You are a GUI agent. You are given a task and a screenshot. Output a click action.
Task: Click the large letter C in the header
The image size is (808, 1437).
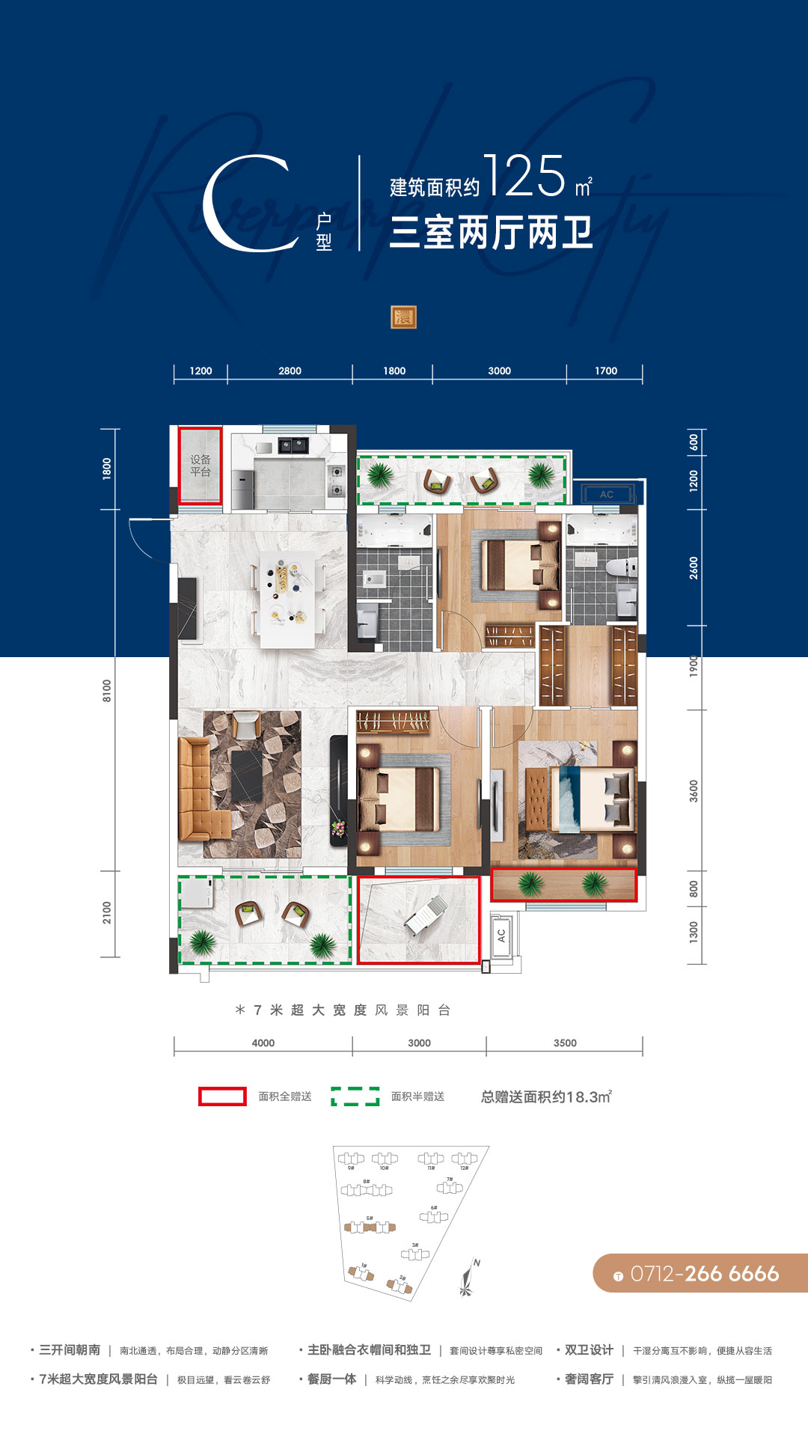[247, 204]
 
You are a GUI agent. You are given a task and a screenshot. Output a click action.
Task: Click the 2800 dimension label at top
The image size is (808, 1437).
[290, 370]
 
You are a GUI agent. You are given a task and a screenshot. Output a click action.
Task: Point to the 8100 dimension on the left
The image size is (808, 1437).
[107, 690]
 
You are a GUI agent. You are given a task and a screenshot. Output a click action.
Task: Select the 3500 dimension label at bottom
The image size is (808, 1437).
[565, 1043]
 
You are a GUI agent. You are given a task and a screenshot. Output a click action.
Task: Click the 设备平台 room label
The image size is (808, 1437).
[200, 466]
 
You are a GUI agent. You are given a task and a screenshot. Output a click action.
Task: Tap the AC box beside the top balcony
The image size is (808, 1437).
[606, 494]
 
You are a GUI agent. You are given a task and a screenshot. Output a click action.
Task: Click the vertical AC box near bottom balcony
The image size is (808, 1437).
[501, 935]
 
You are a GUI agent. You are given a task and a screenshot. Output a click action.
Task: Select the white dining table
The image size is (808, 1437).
[287, 599]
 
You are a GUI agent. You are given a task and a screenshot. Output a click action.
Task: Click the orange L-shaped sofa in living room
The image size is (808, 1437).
[201, 793]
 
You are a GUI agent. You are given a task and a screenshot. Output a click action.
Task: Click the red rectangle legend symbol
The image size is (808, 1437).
[222, 1096]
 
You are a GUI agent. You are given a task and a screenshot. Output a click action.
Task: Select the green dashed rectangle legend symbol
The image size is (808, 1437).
[355, 1096]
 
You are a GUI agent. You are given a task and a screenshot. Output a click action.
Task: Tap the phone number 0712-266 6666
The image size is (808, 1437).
[703, 1273]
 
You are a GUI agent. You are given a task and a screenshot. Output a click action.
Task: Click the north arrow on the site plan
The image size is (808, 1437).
[469, 1277]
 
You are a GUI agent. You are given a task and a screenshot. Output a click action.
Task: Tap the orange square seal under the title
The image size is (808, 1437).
[403, 317]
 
